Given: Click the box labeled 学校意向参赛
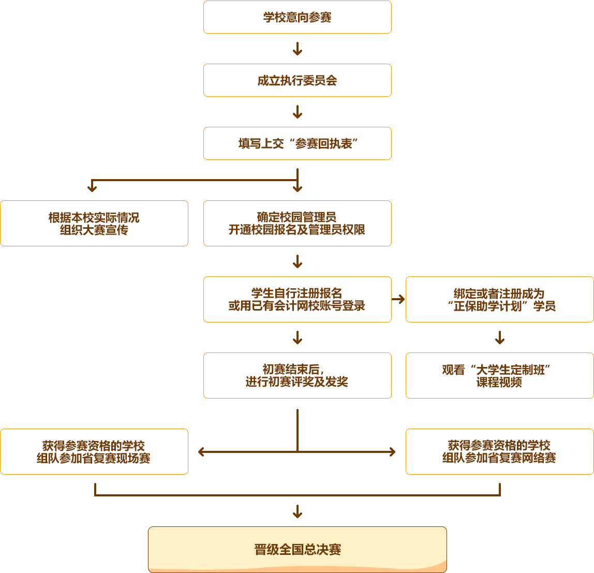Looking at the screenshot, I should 297,17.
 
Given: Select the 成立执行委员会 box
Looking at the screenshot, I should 297,80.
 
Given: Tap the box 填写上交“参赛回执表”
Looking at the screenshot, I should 297,143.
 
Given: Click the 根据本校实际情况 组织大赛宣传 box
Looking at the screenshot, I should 94,223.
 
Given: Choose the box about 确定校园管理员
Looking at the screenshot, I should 297,223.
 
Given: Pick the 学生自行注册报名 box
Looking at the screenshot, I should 297,299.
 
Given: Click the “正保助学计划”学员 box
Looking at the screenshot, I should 499,299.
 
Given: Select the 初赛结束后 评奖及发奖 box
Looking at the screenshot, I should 297,375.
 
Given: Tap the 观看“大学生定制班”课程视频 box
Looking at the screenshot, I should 499,375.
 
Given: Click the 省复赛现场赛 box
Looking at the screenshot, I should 94,451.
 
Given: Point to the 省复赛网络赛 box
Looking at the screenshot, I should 499,451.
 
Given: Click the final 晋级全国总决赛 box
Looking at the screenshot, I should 297,549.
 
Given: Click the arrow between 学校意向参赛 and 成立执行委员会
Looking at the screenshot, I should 297,49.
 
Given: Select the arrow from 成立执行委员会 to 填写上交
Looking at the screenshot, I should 297,112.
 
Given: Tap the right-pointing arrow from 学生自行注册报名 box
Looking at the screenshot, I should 398,299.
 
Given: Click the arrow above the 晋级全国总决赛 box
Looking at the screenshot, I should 297,511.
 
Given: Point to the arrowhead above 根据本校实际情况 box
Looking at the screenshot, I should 92,188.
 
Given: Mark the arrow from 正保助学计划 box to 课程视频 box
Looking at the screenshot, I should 499,337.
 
